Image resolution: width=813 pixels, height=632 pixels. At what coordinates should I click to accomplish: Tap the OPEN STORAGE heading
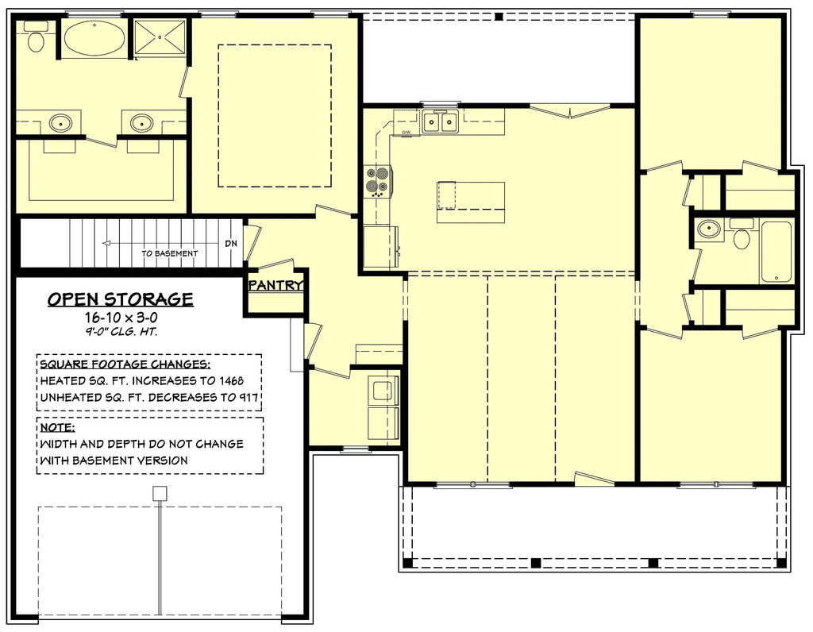[120, 299]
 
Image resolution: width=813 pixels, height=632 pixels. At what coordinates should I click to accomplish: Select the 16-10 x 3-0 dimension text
[120, 317]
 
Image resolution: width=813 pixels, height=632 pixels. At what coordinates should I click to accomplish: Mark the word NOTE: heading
[56, 428]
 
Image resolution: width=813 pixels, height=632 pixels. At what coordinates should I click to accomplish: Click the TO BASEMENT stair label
[169, 253]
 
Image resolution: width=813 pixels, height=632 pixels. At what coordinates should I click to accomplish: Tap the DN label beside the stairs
[230, 244]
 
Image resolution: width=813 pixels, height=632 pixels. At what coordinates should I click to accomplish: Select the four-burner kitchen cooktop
[376, 180]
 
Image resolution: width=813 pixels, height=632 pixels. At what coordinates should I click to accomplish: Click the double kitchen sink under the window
[439, 121]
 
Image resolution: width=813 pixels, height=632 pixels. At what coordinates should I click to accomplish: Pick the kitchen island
[471, 202]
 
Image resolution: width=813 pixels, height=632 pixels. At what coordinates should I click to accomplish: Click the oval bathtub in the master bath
[94, 37]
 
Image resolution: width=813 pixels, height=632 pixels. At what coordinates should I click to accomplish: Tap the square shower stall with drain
[159, 37]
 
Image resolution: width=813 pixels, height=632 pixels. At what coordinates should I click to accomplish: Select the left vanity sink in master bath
[60, 123]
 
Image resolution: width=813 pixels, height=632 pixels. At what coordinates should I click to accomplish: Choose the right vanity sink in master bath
[142, 123]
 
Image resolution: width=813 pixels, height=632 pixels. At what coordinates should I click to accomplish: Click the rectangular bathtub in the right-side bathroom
[776, 252]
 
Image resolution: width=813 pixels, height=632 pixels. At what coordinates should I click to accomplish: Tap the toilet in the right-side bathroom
[742, 236]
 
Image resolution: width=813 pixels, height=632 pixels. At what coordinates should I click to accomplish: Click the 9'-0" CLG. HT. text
[120, 332]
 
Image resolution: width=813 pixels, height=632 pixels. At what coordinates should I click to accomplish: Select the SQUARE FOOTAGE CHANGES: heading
[124, 364]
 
